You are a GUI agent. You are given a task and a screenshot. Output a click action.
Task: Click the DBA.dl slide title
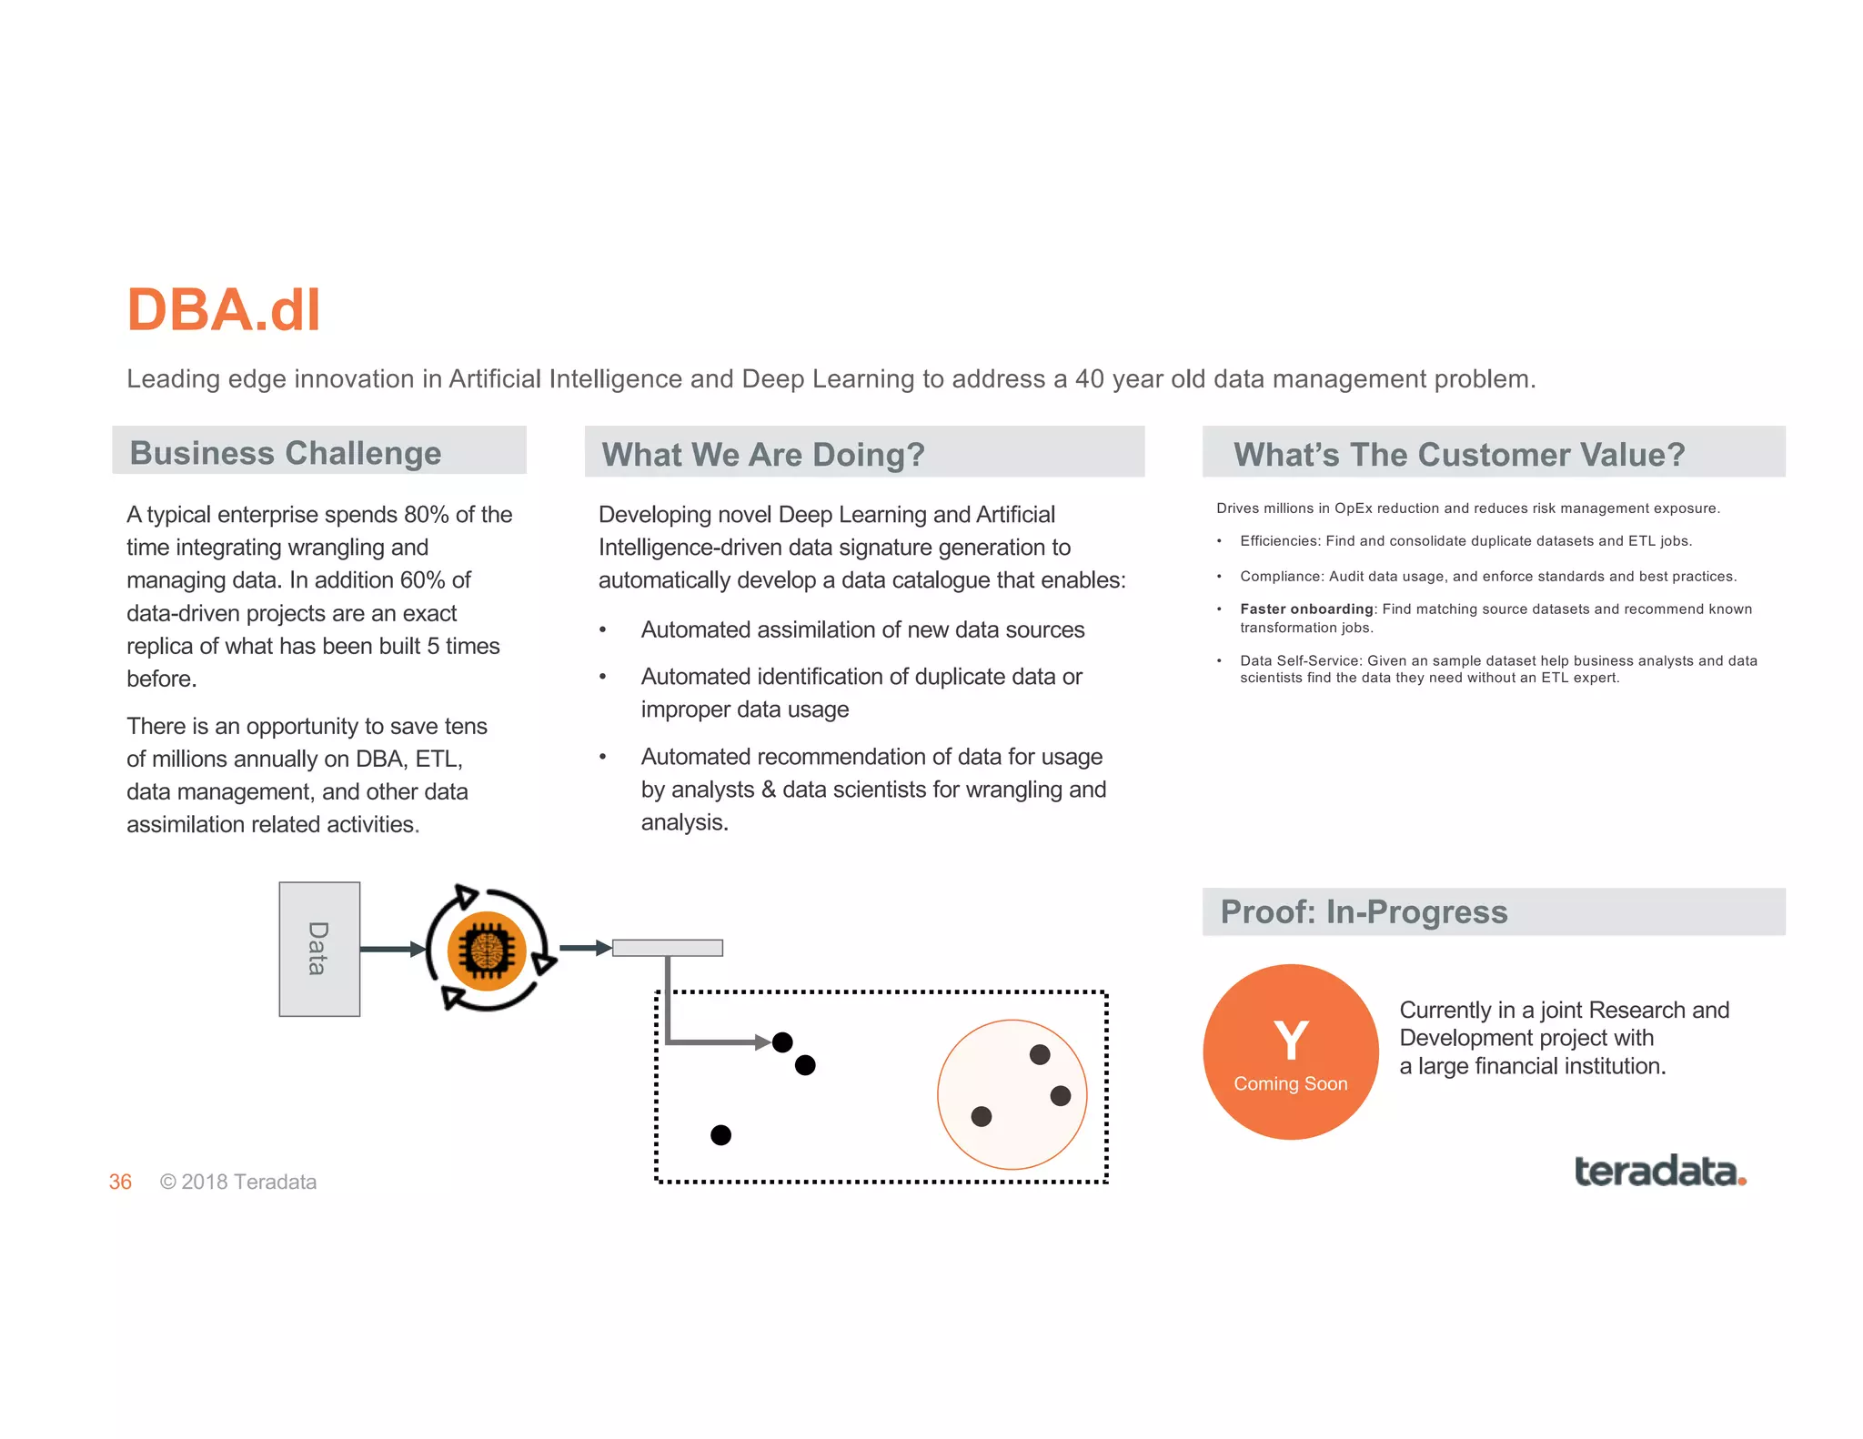[224, 310]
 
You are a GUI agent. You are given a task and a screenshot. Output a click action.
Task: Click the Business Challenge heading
[286, 453]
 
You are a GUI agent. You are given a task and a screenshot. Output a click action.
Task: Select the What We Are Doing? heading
[762, 454]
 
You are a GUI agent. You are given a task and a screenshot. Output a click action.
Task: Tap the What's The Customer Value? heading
[1458, 454]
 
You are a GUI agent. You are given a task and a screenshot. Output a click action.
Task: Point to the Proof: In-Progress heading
[1363, 911]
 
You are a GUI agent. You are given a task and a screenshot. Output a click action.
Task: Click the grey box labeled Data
[319, 949]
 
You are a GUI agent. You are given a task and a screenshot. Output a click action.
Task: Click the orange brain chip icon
[487, 951]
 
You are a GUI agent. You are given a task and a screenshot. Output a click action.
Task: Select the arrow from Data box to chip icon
[392, 949]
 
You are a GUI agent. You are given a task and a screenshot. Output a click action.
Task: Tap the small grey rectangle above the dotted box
[668, 948]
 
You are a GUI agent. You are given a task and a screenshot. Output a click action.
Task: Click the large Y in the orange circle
[1291, 1041]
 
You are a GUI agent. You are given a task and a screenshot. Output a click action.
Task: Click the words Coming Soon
[1290, 1083]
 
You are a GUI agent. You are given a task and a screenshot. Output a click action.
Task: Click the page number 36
[120, 1182]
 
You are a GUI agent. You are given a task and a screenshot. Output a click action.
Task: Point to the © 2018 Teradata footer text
[238, 1182]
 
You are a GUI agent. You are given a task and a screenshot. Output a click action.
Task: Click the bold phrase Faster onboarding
[1306, 609]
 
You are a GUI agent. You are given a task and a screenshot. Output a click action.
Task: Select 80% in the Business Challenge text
[426, 515]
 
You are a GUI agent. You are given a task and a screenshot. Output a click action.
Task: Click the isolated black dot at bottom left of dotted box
[720, 1134]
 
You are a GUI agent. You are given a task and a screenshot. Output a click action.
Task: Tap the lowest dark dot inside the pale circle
[981, 1116]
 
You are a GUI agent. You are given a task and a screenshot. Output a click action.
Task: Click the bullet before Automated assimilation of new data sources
[602, 629]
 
